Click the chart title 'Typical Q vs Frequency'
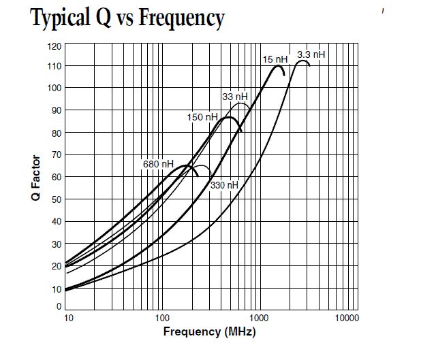127,18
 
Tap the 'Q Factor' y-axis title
37,178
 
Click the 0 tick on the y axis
59,306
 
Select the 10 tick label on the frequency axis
68,318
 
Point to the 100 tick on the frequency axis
161,318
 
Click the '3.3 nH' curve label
311,54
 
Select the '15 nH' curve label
275,60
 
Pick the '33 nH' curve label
235,96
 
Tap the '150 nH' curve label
202,117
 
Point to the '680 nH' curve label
158,164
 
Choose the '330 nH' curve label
224,185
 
